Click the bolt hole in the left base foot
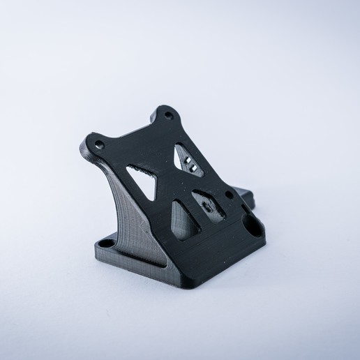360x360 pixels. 107,245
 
